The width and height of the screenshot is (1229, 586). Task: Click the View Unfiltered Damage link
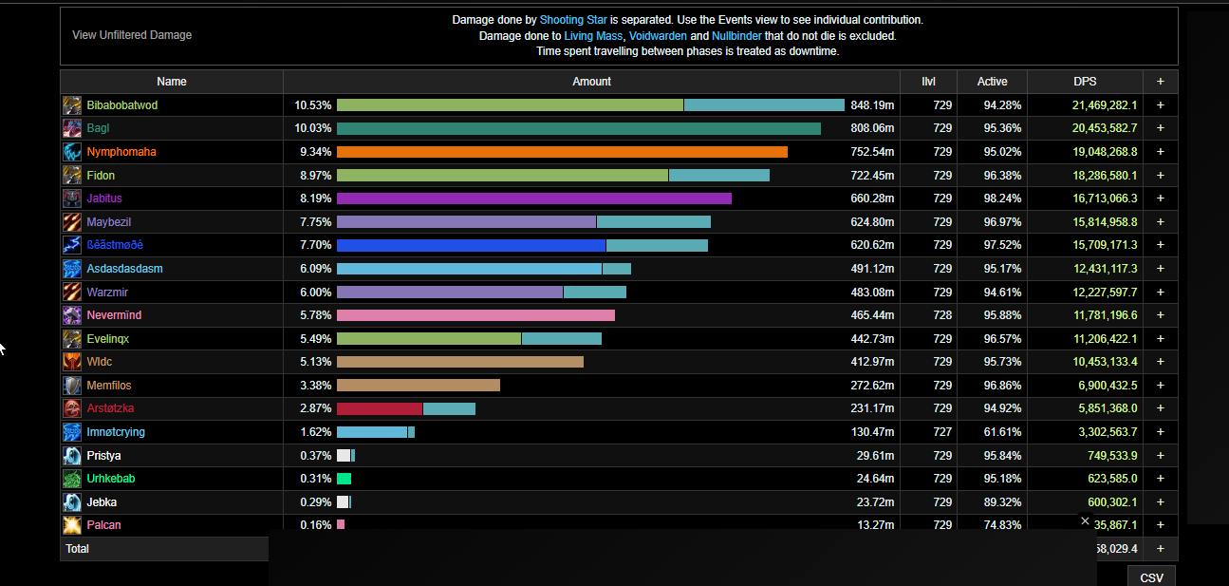(x=132, y=35)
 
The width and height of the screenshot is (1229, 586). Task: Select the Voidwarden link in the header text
(x=657, y=35)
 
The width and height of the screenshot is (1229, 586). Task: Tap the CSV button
(x=1151, y=577)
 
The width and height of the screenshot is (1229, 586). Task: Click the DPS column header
(x=1085, y=82)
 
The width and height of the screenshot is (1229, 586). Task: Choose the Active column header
(x=992, y=82)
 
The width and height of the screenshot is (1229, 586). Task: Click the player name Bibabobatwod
(x=122, y=105)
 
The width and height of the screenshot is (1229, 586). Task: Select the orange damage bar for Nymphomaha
(x=562, y=152)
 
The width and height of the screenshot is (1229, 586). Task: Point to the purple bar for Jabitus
(x=533, y=198)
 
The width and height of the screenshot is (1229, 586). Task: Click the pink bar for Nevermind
(x=475, y=315)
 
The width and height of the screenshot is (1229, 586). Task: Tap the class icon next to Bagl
(x=72, y=128)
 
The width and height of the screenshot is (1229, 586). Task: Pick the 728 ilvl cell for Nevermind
(x=941, y=315)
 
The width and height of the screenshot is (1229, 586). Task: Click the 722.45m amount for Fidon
(x=871, y=176)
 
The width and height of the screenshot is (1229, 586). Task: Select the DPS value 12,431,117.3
(x=1098, y=269)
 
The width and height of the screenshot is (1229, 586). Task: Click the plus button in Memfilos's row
(x=1160, y=386)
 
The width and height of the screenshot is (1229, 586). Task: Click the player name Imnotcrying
(x=116, y=432)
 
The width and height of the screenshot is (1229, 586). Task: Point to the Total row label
(x=77, y=549)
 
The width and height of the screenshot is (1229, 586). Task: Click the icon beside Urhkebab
(x=72, y=479)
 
